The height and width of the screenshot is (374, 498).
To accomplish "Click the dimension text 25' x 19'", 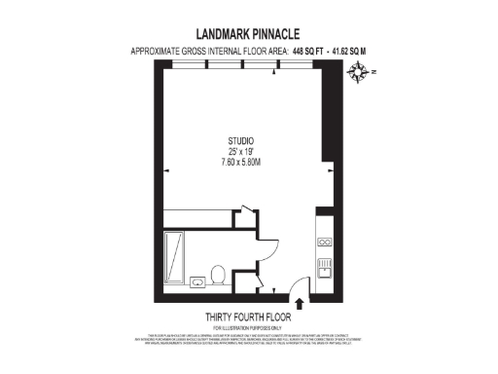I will (x=238, y=153).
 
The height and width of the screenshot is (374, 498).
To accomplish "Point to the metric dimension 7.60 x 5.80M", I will (x=238, y=163).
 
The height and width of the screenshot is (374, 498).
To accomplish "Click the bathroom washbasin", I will (x=197, y=280).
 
